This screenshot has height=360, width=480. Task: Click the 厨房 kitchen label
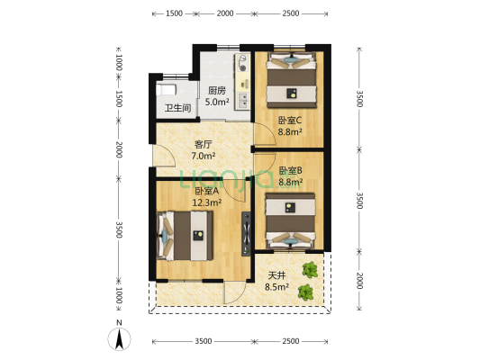(x=216, y=90)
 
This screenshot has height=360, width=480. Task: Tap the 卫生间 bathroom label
(x=177, y=109)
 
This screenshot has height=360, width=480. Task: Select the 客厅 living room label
(x=203, y=144)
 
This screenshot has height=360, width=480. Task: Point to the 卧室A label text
(x=205, y=191)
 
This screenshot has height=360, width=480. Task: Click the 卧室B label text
(x=289, y=171)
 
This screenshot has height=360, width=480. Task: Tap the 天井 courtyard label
(x=276, y=275)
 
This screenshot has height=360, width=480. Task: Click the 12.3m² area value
(x=205, y=202)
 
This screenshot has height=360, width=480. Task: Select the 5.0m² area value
(x=216, y=102)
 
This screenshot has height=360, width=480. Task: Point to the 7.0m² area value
(x=203, y=157)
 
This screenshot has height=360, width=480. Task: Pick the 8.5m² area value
(x=276, y=288)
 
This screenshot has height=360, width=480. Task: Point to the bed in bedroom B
(x=290, y=220)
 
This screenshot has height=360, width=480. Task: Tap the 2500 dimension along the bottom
(x=291, y=341)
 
